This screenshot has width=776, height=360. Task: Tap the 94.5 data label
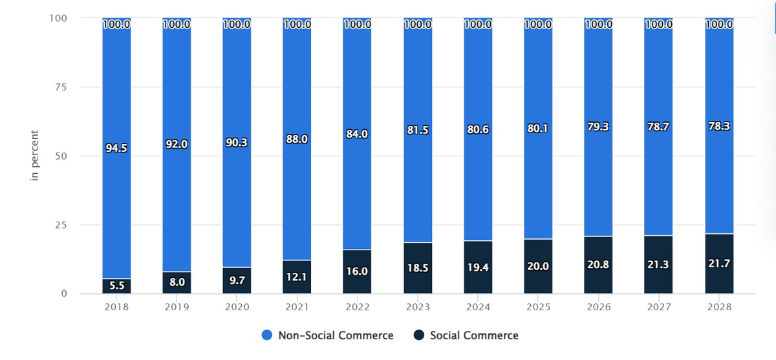coord(116,148)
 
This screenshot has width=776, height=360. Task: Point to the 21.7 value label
coord(718,264)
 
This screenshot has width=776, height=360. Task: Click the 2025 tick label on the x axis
coord(537,308)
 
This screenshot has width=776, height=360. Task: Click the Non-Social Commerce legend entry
coord(335,335)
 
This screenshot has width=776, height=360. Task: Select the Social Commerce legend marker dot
coord(418,335)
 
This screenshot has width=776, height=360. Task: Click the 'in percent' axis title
coord(36,156)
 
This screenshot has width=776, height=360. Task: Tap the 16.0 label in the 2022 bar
coord(357,271)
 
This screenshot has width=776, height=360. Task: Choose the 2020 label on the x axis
coord(237,308)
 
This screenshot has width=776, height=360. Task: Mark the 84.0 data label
coord(357,134)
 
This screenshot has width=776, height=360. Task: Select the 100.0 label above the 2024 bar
coord(477,25)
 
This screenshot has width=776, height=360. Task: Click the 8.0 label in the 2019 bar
coord(177,282)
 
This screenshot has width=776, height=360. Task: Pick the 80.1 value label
coord(537,128)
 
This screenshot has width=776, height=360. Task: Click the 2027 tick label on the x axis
coord(658,308)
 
